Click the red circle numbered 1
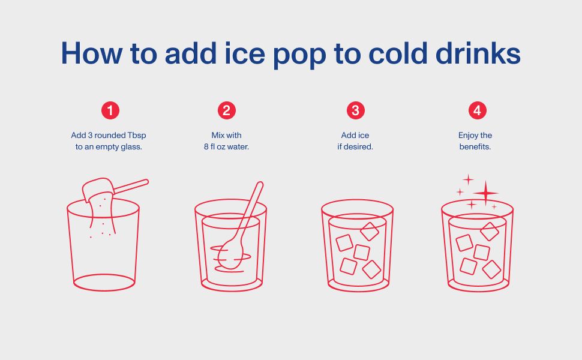110,110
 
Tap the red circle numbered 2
226,110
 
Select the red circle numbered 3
356,110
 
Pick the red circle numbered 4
478,110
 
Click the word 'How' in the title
91,53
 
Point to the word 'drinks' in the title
478,53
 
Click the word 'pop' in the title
299,56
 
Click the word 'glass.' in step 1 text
131,147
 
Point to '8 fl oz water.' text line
226,146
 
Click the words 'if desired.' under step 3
355,146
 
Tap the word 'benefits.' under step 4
475,146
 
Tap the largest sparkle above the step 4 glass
485,193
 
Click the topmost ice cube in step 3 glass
370,232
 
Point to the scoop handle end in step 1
146,182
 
